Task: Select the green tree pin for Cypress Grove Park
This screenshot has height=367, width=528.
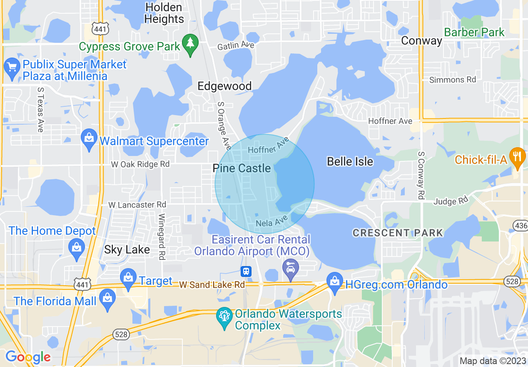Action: [x=190, y=45]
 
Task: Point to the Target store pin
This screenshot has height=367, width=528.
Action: [x=128, y=280]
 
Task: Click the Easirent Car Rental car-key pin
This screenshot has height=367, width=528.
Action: [x=291, y=268]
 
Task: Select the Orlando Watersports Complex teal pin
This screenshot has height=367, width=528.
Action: [x=225, y=318]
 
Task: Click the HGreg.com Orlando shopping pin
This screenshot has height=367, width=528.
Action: [x=335, y=284]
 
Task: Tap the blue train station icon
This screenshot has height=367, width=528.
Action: [x=246, y=271]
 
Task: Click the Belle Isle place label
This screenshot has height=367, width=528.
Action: [x=350, y=162]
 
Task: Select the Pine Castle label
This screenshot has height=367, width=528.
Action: [x=242, y=168]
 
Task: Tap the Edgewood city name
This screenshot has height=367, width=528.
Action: [x=224, y=86]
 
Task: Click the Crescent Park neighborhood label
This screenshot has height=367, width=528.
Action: [x=398, y=233]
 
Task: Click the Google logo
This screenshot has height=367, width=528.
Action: [x=28, y=357]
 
